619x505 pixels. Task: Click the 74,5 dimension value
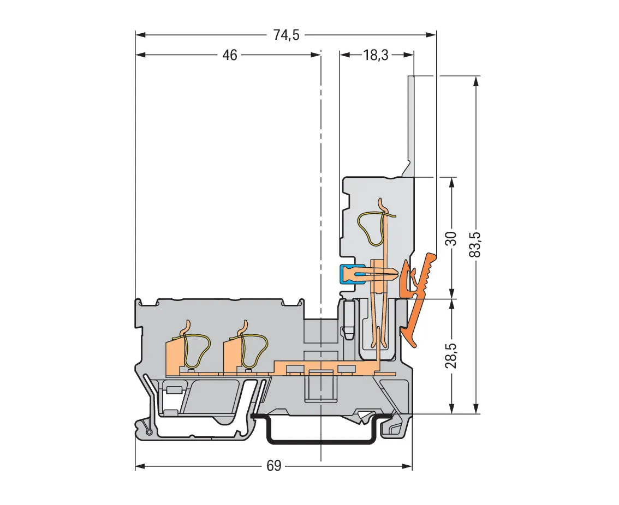[287, 35]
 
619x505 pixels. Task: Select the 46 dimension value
[230, 55]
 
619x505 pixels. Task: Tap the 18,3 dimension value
[376, 55]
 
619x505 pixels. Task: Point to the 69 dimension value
[273, 466]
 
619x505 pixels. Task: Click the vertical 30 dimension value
[451, 238]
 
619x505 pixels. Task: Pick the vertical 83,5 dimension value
[475, 245]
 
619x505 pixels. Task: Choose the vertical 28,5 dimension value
[451, 356]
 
